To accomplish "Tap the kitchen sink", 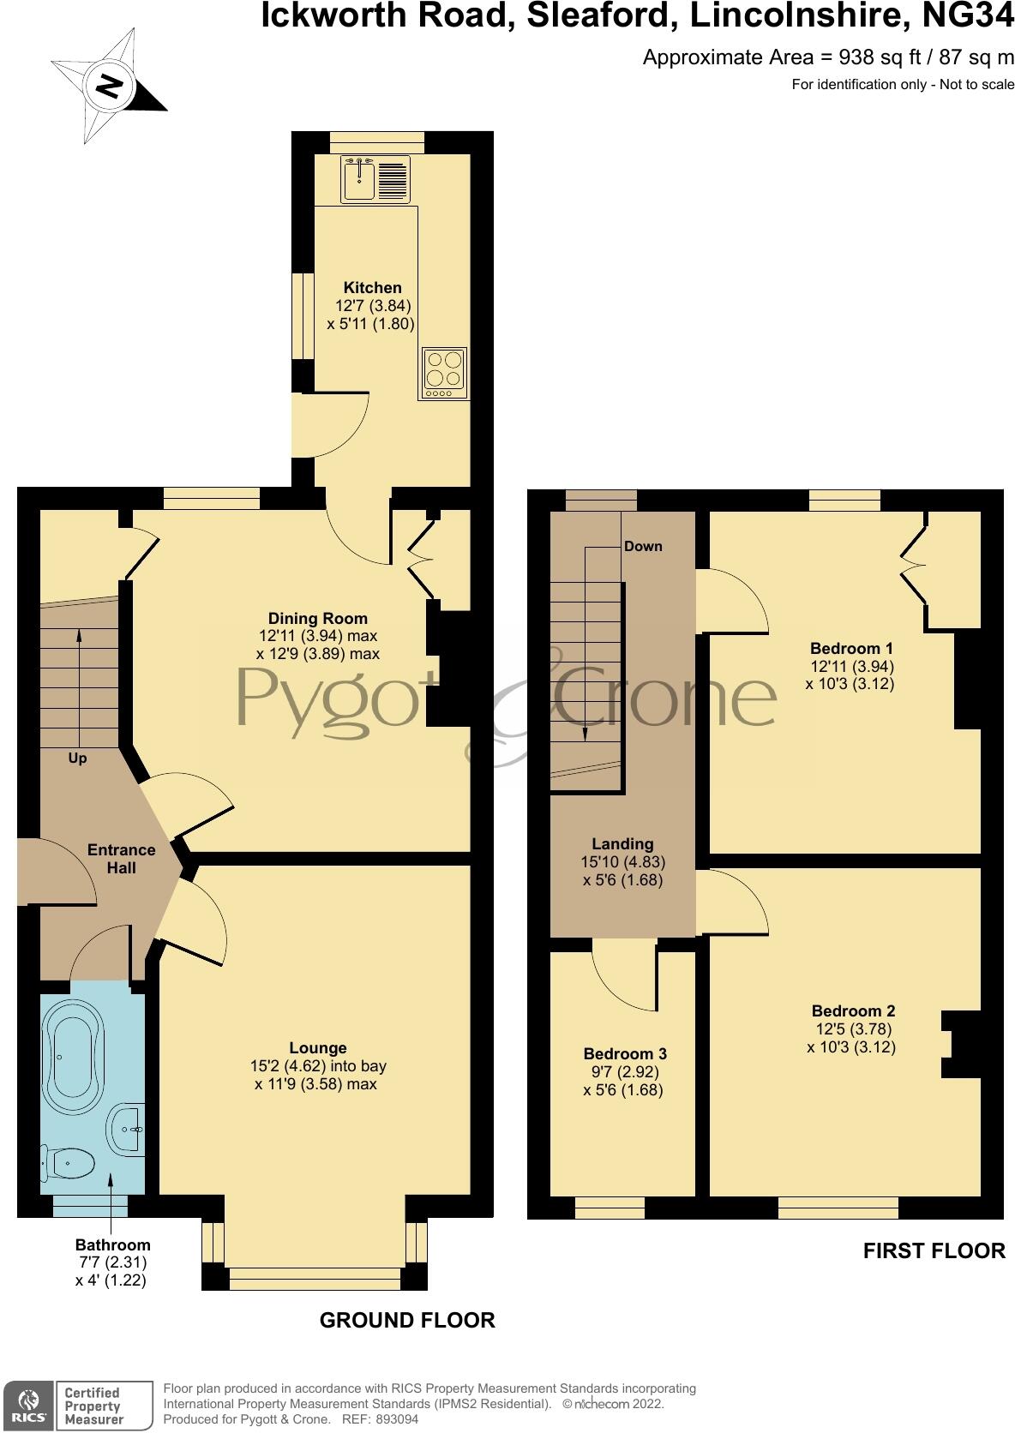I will click(358, 178).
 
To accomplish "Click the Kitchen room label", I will click(372, 288).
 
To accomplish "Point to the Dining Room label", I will click(317, 619).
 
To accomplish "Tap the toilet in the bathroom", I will click(69, 1164).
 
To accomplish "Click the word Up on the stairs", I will click(77, 758).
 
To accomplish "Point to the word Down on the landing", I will click(643, 547).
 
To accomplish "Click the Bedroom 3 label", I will click(624, 1054).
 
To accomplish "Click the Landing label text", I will click(622, 844).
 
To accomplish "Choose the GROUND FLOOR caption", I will click(407, 1321).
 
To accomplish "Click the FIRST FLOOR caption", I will click(934, 1251).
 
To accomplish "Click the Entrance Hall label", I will click(121, 859).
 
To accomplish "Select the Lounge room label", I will click(318, 1048).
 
